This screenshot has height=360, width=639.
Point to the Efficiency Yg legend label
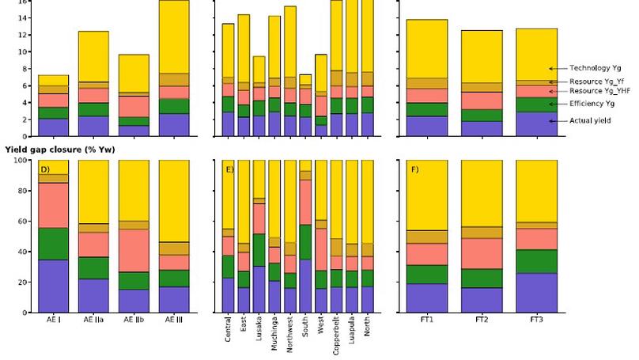coord(592,104)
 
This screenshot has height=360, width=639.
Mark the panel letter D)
coord(45,169)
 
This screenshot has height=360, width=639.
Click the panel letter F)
coord(415,169)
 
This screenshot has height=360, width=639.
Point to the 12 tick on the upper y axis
coord(25,35)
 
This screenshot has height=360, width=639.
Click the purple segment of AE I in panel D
coord(53,286)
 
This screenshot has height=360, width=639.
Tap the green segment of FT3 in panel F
coord(536,261)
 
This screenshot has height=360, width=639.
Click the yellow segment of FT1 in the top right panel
coord(427,47)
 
